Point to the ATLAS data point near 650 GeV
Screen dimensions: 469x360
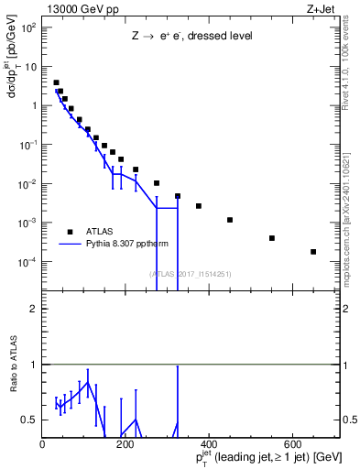(313, 252)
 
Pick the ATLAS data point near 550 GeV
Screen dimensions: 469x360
(272, 238)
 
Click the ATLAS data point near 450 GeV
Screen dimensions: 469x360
(230, 220)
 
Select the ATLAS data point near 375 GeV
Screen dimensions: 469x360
(199, 206)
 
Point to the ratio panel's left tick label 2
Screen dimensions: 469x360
(34, 309)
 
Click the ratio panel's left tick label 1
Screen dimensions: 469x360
(34, 365)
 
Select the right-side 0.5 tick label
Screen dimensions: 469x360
(350, 420)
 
